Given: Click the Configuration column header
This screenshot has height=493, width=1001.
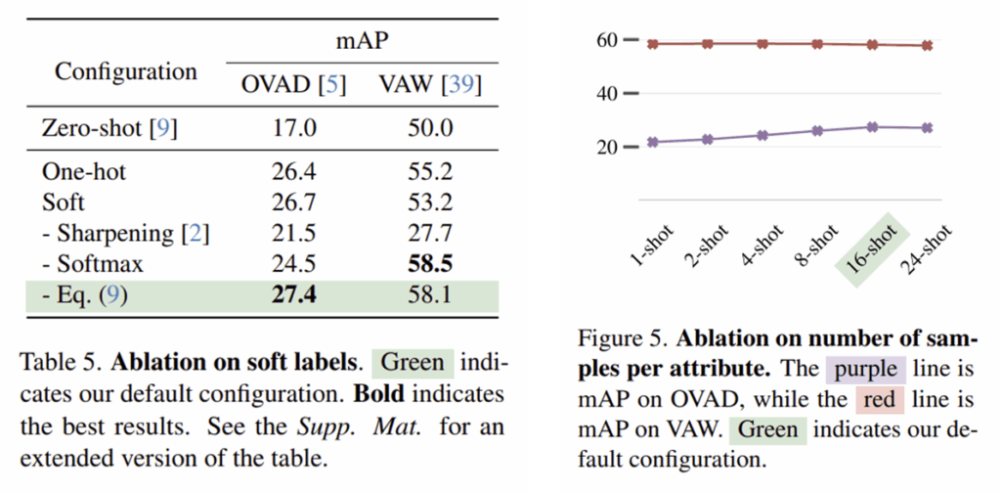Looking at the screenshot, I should pos(125,71).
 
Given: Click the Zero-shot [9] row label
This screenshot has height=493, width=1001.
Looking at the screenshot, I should pos(109,127).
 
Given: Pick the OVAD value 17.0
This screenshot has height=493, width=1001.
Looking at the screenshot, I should pos(293,127).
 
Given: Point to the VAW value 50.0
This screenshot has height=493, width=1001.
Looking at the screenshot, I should pos(430,127).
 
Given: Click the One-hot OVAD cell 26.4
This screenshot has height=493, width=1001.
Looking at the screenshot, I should pos(293,172).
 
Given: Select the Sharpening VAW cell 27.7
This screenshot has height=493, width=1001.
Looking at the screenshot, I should pos(430,234).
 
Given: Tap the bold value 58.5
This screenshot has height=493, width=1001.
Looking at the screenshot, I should pos(430,264).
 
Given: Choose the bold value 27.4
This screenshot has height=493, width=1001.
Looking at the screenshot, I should pos(293,294).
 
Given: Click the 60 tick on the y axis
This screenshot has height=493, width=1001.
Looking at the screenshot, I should pos(606,41).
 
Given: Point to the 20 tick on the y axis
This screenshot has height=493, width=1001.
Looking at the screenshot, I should pos(606,147).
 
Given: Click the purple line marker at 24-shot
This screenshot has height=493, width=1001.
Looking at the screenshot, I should pos(927,128).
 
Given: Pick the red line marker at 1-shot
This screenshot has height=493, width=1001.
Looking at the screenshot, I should pos(651,44).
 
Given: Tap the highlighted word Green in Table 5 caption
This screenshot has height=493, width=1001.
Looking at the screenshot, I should pos(413,363).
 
